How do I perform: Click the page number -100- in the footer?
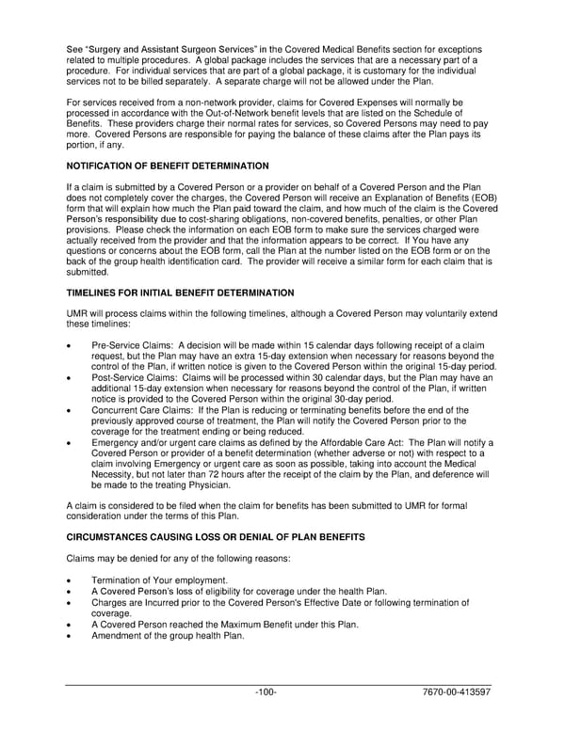pyautogui.click(x=266, y=692)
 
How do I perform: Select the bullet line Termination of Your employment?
pyautogui.click(x=159, y=580)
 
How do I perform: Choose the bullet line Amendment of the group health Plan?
pyautogui.click(x=168, y=635)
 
